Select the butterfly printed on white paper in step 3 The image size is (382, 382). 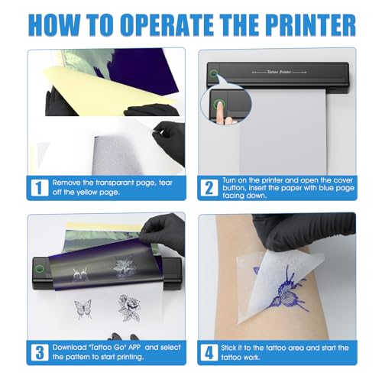tap(80, 309)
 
